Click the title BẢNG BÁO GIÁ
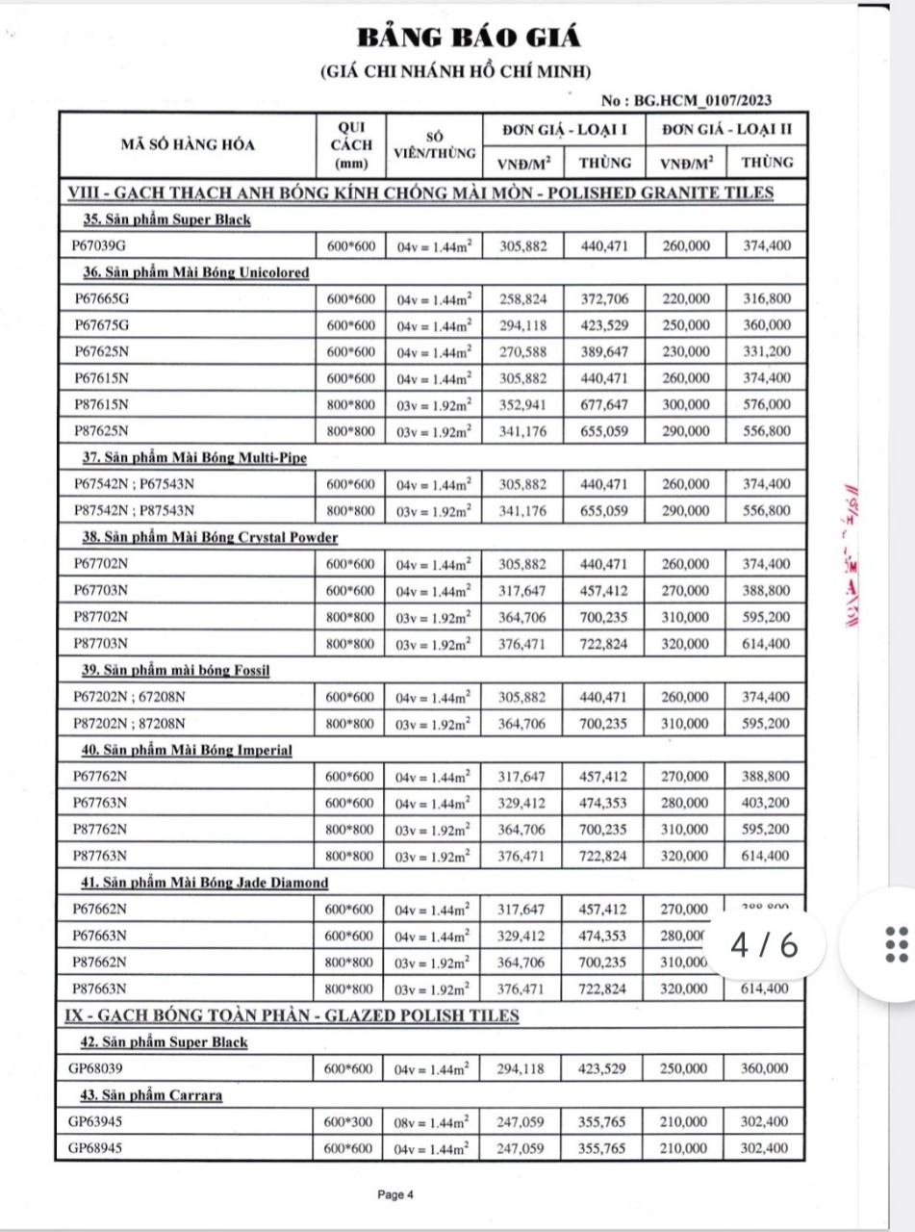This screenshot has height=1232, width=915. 470,38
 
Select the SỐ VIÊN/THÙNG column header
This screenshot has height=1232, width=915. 435,145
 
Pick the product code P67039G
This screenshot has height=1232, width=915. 101,246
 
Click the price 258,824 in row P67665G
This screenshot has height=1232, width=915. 522,299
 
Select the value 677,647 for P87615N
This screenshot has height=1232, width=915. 604,404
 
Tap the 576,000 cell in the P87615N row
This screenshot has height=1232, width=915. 766,404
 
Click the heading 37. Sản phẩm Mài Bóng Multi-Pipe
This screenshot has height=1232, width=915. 194,457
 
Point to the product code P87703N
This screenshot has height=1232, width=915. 102,643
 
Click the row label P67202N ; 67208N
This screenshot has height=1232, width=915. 128,696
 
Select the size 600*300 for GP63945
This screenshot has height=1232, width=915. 348,1121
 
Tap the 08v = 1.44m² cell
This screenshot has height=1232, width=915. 434,1121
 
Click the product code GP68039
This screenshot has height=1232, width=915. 95,1068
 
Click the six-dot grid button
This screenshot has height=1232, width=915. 895,944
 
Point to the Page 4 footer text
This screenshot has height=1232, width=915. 395,1195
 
